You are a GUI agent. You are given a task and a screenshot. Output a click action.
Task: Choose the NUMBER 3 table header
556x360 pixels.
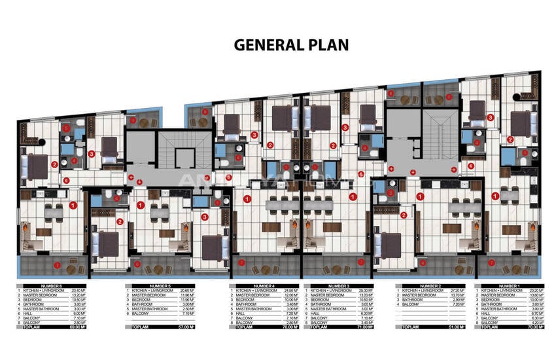pos(339,285)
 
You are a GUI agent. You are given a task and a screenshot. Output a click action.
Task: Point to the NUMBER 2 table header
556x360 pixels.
pos(432,285)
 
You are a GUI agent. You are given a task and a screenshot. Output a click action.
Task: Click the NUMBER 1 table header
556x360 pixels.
pos(510,285)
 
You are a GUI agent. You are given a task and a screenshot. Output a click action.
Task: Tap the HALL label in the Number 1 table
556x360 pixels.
pos(487,313)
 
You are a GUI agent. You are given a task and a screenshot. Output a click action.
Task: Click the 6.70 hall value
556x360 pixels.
pos(534,313)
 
